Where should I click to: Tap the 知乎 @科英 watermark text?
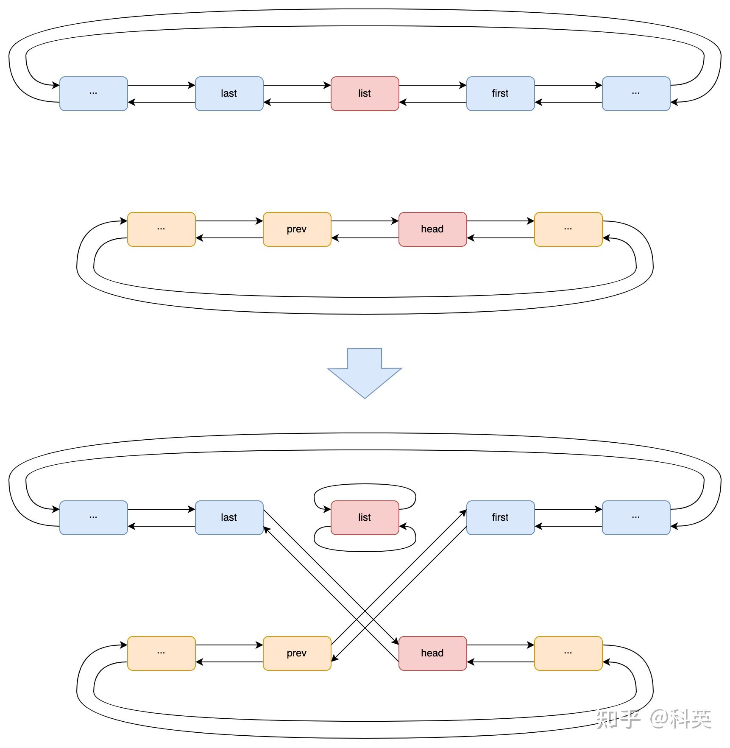[653, 718]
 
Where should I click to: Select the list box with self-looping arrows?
[365, 517]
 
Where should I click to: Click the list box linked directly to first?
[365, 93]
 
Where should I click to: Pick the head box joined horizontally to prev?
[432, 229]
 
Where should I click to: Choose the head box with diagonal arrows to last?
[432, 653]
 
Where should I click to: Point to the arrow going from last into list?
[297, 85]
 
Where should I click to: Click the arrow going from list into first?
[432, 85]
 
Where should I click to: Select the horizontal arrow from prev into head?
[365, 221]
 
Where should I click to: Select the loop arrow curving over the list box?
[365, 484]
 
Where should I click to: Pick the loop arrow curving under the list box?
[365, 551]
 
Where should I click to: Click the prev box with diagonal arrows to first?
[297, 653]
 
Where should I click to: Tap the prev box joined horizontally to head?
[297, 229]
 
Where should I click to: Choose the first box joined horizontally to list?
[500, 93]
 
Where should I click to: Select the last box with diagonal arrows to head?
[229, 517]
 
